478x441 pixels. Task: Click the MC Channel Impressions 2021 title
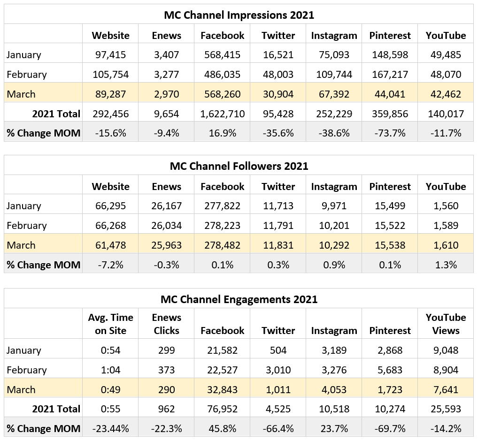[x=239, y=15]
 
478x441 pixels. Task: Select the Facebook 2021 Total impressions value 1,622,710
[x=223, y=114]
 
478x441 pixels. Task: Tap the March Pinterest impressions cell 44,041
[x=390, y=94]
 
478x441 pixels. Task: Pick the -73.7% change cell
[x=390, y=133]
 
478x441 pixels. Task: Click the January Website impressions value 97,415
[x=110, y=54]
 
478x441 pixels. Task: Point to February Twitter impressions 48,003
[x=278, y=74]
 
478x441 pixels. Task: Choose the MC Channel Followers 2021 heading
[x=239, y=166]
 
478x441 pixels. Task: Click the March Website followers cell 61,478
[x=110, y=245]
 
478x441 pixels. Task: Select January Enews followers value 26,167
[x=166, y=205]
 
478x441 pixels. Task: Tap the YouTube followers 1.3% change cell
[x=446, y=265]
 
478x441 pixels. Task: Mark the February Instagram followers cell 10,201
[x=334, y=225]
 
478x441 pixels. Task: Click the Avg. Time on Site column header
[x=110, y=324]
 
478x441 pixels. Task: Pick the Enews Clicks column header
[x=166, y=324]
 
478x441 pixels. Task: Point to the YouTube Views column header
[x=446, y=324]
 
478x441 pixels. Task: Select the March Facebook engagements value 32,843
[x=223, y=389]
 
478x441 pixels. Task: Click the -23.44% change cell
[x=110, y=428]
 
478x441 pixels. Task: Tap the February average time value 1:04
[x=110, y=370]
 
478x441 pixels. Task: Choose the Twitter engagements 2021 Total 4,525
[x=278, y=409]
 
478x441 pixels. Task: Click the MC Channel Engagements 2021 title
[x=239, y=299]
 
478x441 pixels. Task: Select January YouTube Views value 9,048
[x=446, y=350]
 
